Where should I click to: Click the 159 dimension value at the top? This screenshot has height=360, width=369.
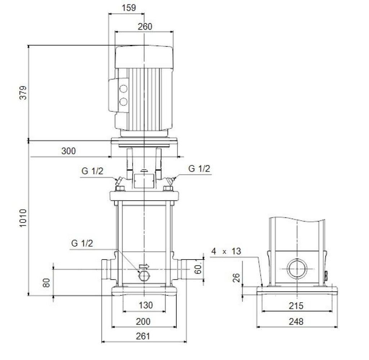(x=129, y=8)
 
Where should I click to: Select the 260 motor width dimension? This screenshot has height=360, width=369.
(x=145, y=26)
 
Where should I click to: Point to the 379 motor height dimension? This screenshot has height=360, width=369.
(x=23, y=93)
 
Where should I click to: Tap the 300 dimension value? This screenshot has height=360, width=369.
(x=68, y=151)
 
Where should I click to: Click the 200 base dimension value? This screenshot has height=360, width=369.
(x=143, y=321)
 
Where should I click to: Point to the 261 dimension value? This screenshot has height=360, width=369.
(x=143, y=336)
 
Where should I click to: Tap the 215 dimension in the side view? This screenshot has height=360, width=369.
(x=296, y=306)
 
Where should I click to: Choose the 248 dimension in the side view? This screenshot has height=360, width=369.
(x=296, y=321)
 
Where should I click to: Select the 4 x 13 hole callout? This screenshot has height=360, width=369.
(x=226, y=252)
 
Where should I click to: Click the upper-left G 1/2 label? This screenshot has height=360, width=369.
(x=92, y=171)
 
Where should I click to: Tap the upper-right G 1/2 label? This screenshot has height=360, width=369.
(x=199, y=168)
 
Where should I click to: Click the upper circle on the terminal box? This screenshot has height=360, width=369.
(x=123, y=89)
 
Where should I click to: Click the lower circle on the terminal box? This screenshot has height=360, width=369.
(x=123, y=102)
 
